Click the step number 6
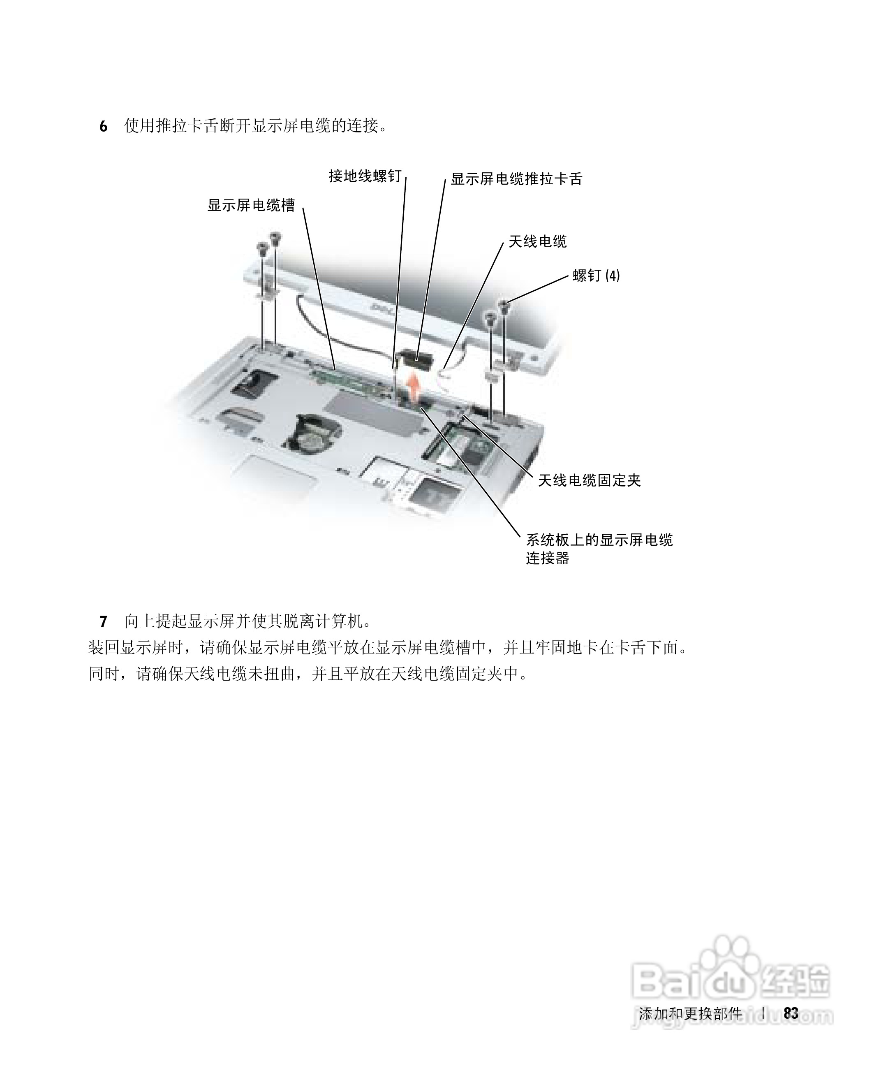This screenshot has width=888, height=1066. (104, 126)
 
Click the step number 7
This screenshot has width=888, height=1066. (104, 621)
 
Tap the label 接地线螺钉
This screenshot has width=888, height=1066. (365, 176)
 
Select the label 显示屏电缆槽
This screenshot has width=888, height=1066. (251, 205)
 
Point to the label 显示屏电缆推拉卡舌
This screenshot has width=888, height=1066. (516, 178)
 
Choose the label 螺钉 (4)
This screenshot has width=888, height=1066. (596, 276)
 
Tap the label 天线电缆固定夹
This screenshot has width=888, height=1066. (589, 480)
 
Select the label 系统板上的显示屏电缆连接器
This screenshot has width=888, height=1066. (599, 549)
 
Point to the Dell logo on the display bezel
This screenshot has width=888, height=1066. (382, 308)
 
